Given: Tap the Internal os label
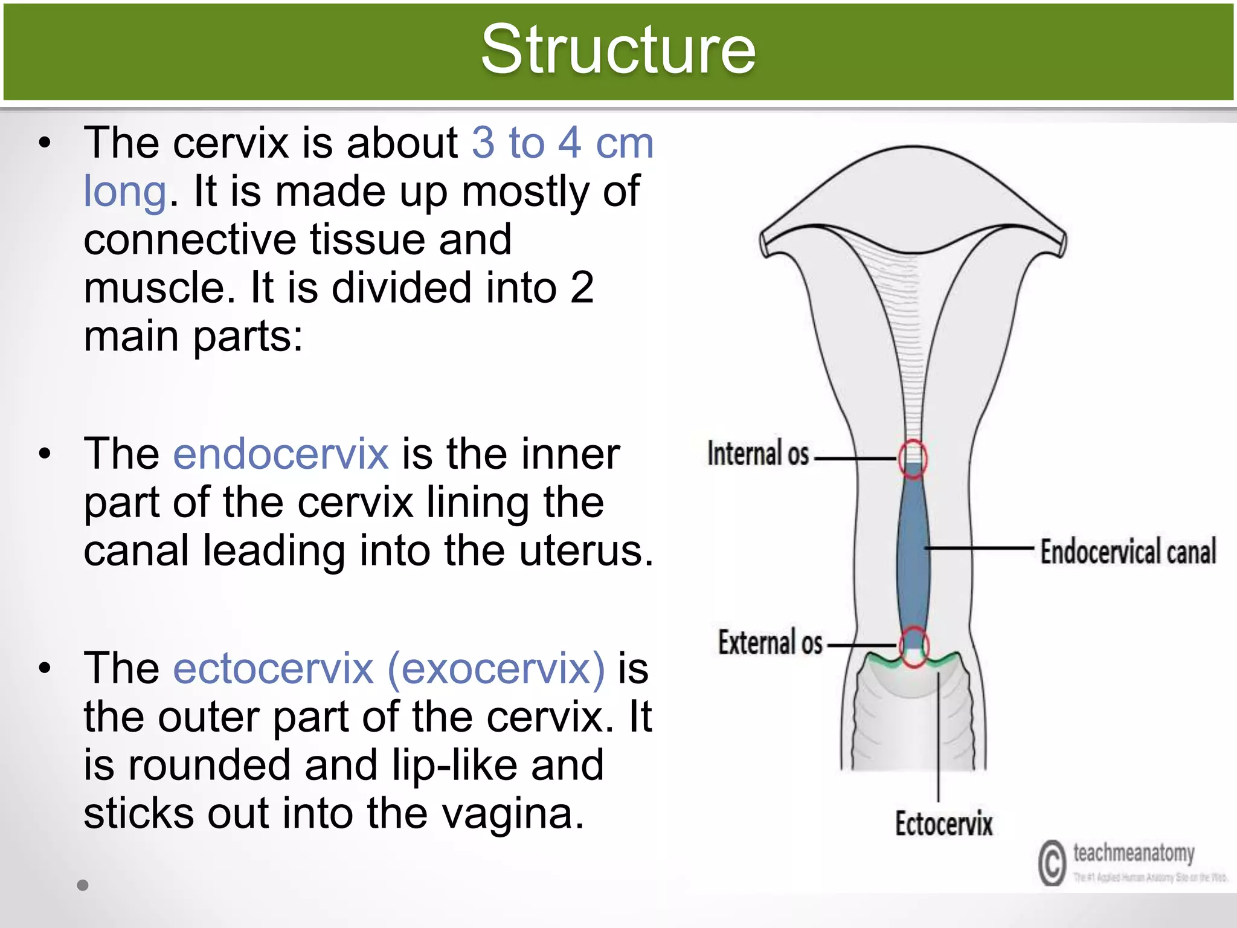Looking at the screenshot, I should tap(758, 454).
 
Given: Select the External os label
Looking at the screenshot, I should tap(770, 642).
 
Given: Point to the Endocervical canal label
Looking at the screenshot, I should tap(1128, 552).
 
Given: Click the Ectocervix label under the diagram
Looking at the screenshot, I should tap(943, 824).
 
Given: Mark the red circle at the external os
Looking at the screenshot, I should tap(914, 646).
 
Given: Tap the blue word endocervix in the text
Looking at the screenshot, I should tap(281, 454).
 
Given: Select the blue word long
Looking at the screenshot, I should tap(124, 192).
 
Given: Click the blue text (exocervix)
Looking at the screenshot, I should tap(495, 668).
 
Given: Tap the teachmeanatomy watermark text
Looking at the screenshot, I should tap(1133, 853).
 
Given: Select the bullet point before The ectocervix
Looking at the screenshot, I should tap(45, 668).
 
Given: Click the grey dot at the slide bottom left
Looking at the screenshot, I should tap(83, 885).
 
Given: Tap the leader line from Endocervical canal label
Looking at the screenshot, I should tap(978, 548).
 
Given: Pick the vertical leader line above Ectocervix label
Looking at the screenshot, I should tap(939, 737).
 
